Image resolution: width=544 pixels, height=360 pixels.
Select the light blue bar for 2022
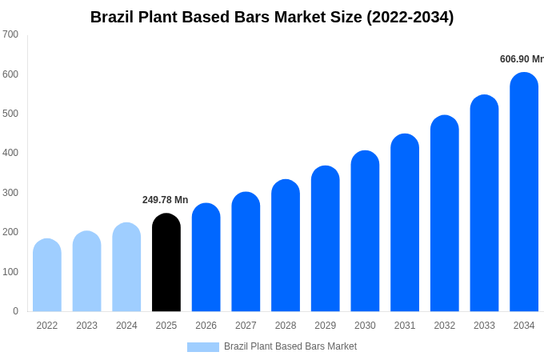pos(47,275)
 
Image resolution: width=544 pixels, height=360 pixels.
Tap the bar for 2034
pos(524,192)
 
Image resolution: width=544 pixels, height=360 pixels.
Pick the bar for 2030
pos(365,231)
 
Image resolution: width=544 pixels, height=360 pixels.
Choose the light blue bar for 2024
pos(126,267)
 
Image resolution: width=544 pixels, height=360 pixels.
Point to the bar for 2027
pos(246,252)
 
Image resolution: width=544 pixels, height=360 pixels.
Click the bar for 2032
pos(445,214)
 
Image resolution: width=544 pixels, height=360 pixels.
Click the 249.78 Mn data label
pos(165,200)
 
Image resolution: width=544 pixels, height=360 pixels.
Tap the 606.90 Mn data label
pos(521,59)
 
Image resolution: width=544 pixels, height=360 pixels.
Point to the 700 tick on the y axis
pos(10,34)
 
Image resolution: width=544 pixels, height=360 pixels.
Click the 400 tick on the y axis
pos(10,153)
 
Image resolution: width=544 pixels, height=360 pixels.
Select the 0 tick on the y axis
pos(15,311)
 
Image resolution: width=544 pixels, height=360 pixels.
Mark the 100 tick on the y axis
pos(10,272)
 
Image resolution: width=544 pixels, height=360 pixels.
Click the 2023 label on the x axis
pos(86,326)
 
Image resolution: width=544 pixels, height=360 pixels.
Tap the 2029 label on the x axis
pos(325,326)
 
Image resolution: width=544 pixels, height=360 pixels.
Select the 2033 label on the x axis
pos(484,326)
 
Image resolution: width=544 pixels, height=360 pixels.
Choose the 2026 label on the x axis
pos(206,326)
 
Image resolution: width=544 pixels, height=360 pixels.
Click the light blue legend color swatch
pos(202,347)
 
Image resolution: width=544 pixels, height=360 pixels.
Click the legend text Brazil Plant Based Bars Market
pos(290,346)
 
